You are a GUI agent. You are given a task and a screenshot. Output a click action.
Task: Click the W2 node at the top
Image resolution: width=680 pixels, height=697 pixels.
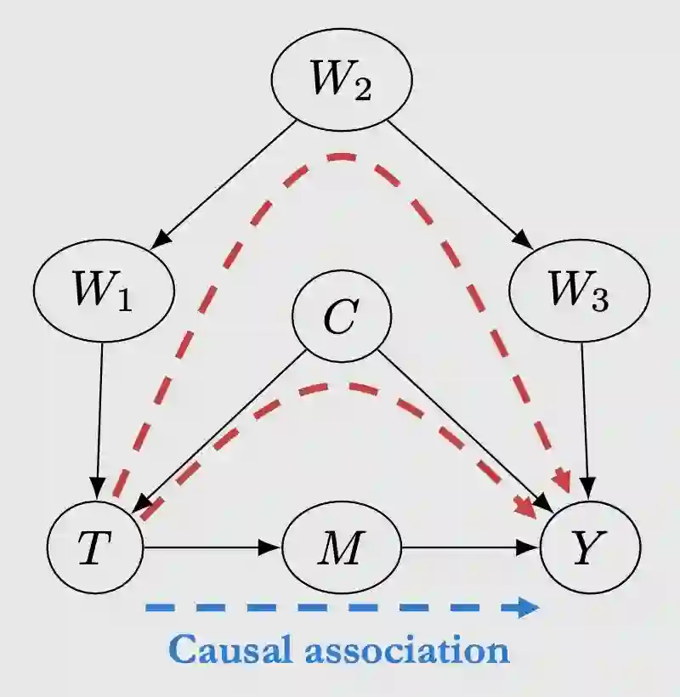click(342, 80)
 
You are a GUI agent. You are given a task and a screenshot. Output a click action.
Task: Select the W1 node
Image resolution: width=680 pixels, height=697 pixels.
click(104, 291)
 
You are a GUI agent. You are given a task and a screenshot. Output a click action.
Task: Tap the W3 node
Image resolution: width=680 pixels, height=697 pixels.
click(579, 291)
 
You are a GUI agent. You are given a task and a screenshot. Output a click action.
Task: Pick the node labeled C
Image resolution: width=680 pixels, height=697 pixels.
click(342, 316)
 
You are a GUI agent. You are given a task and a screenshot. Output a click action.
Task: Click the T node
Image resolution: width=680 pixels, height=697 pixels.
click(94, 549)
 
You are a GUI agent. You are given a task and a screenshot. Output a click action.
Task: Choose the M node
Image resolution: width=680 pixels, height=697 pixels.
click(342, 549)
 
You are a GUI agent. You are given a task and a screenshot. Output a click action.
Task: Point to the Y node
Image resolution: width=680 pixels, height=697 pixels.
click(590, 549)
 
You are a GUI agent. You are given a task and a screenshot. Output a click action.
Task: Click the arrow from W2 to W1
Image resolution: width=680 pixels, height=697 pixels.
click(225, 184)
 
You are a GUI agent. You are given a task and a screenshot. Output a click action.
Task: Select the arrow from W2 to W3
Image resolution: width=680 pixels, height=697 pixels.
click(459, 184)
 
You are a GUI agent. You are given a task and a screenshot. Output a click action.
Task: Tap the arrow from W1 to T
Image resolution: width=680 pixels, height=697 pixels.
click(99, 416)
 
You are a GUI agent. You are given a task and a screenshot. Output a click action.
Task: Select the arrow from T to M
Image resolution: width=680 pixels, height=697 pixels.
click(212, 549)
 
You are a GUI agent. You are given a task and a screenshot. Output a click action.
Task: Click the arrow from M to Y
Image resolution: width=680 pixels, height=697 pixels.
click(472, 549)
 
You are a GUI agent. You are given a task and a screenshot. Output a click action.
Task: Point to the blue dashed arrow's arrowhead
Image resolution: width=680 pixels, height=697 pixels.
click(529, 607)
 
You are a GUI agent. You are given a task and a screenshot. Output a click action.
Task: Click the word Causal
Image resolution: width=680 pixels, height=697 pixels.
click(224, 651)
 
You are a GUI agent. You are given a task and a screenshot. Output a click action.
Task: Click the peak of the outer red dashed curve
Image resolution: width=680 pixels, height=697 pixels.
click(342, 156)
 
